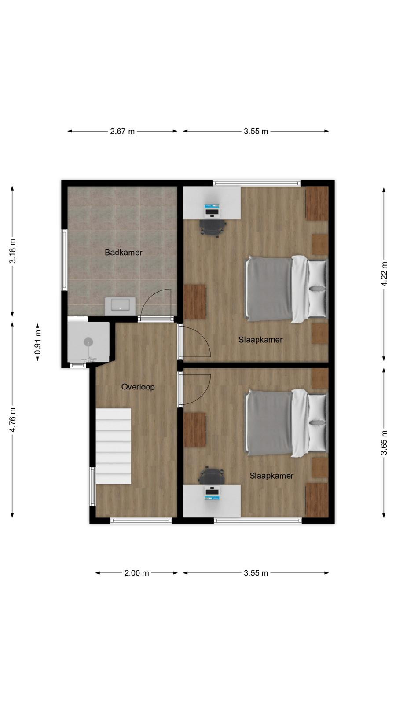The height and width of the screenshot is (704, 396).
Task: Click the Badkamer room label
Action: click(x=124, y=253)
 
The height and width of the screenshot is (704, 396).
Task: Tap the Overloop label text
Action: click(x=138, y=387)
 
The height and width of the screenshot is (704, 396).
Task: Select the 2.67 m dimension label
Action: click(x=122, y=132)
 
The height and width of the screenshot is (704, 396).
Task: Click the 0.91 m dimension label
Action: click(x=37, y=341)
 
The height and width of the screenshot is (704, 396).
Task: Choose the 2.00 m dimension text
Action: click(x=137, y=573)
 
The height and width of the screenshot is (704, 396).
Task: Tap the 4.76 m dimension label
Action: click(x=12, y=420)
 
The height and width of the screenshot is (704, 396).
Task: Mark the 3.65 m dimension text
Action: click(x=384, y=443)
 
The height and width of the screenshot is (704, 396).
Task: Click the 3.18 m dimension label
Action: click(x=12, y=251)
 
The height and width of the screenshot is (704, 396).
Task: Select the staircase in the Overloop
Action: click(x=113, y=446)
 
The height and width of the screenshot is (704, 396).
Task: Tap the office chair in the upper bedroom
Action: click(x=213, y=227)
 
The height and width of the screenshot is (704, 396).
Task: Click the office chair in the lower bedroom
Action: click(x=212, y=476)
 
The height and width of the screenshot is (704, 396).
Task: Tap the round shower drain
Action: click(x=88, y=341)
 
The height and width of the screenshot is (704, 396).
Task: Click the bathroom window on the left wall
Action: click(x=64, y=260)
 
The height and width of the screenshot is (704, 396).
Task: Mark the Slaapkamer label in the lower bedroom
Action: click(x=271, y=476)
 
